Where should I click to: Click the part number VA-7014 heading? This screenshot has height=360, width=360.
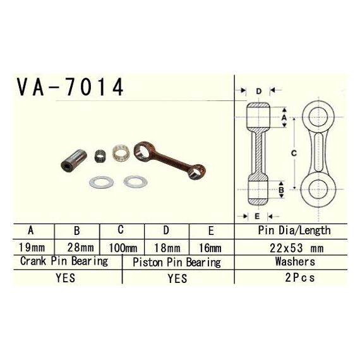70,87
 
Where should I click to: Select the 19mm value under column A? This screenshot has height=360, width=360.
32,248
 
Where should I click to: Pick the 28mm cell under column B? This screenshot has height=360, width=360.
80,248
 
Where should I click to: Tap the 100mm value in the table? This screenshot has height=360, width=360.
123,248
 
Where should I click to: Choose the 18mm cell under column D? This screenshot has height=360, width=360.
167,248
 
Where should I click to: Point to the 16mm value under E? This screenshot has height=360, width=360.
210,248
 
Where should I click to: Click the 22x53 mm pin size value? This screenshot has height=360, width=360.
297,248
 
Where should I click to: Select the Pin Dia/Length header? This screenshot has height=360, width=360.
294,231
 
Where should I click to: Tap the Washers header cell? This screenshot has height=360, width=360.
295,261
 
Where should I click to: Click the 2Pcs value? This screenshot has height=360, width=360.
300,277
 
